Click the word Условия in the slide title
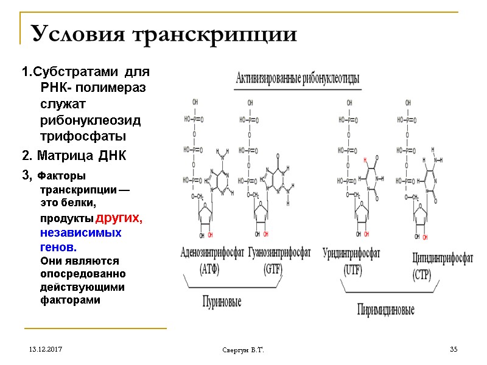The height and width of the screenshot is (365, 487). [x=75, y=34]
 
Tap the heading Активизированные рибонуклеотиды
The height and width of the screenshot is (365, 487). [x=297, y=78]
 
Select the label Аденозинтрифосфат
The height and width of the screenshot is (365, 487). [x=212, y=252]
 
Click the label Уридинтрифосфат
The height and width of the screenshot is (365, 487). [x=351, y=252]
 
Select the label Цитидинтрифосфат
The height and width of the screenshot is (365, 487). [x=443, y=259]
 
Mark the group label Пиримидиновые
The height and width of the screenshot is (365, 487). [x=386, y=310]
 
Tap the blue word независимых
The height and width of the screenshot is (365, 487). [x=81, y=233]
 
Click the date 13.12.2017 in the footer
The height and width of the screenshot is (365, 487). [x=43, y=350]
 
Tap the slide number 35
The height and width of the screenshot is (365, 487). [x=454, y=349]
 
